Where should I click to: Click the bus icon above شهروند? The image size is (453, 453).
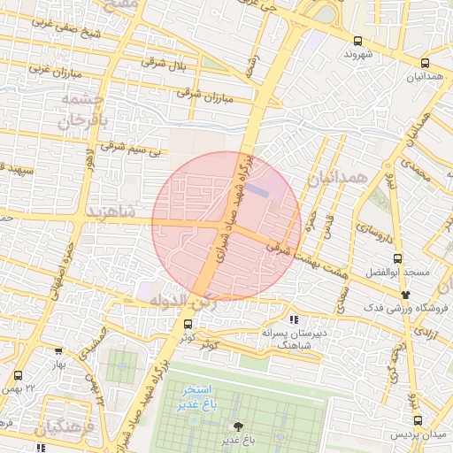tap(357, 41)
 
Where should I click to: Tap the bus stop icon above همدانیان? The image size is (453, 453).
tap(426, 63)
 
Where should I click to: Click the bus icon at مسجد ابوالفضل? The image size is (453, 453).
tap(397, 259)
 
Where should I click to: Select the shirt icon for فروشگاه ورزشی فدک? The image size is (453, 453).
tap(406, 294)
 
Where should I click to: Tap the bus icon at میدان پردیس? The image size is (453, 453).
tap(417, 423)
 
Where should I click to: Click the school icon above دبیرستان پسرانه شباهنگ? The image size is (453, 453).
tap(294, 319)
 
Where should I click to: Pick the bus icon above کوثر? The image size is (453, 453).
tap(186, 324)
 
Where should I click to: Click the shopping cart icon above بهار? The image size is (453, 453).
tap(59, 352)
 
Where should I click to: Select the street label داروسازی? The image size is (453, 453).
tap(371, 234)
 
